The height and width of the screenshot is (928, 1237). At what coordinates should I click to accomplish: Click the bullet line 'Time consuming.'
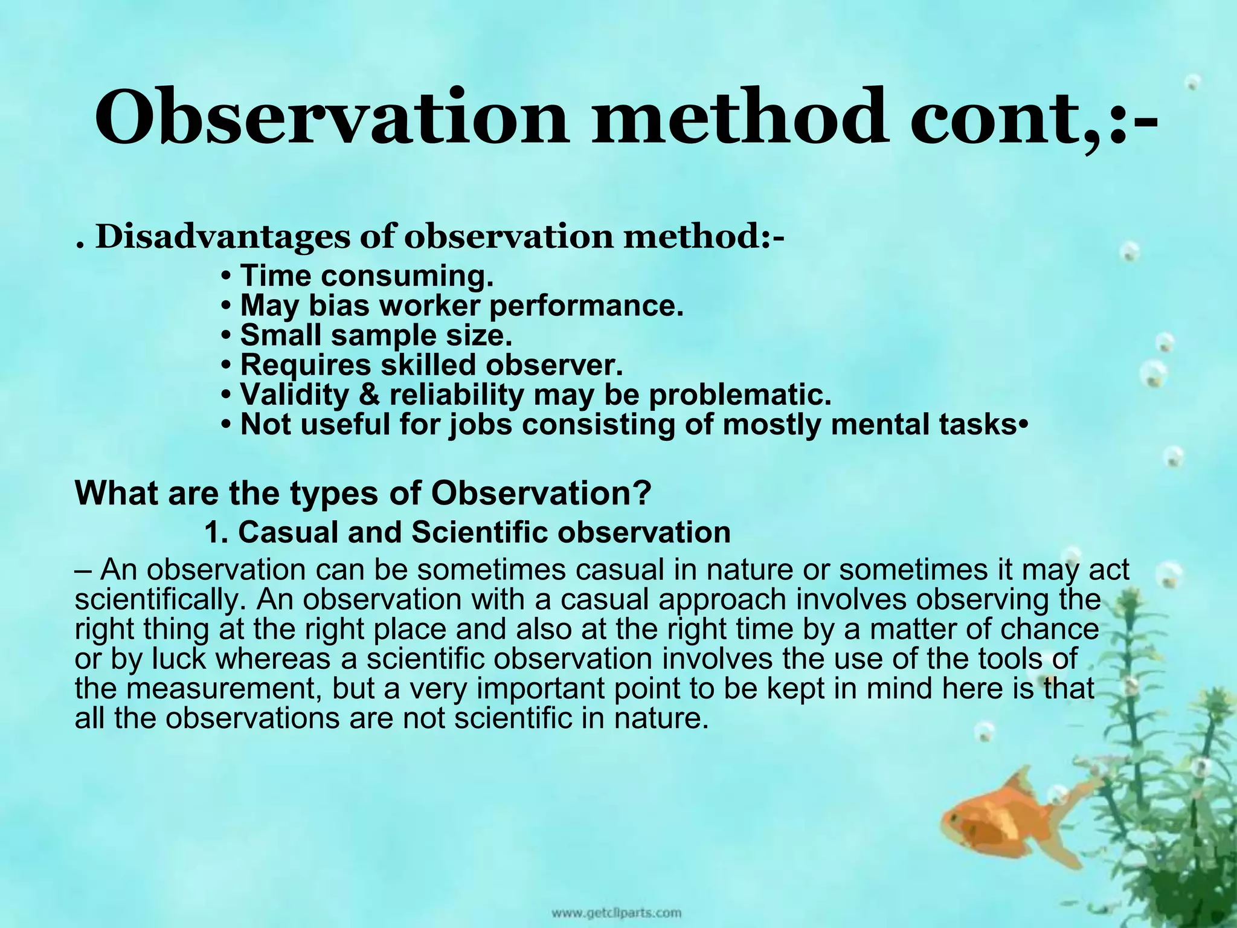(x=367, y=276)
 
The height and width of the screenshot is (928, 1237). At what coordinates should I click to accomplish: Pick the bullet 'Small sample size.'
(x=376, y=335)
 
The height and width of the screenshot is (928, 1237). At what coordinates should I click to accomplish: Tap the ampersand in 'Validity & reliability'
(x=368, y=395)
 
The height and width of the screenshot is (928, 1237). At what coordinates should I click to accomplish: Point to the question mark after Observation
(x=643, y=494)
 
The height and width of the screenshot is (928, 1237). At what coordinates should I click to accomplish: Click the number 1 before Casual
(x=211, y=533)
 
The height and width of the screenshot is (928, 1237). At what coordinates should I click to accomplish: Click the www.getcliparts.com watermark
(x=615, y=912)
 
